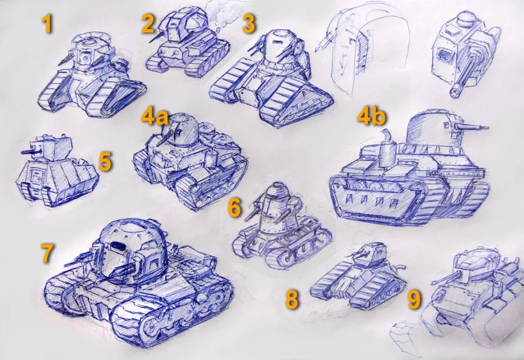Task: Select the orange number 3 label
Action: [249, 24]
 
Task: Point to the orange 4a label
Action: [154, 117]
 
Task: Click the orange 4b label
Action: [371, 116]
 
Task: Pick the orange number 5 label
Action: [105, 162]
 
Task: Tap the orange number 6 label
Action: [234, 207]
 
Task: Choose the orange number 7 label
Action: [47, 253]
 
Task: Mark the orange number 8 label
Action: [292, 299]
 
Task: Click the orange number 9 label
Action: [414, 299]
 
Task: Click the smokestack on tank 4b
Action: [387, 149]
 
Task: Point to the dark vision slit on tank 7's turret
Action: [116, 246]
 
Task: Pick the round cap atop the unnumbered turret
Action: [466, 19]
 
